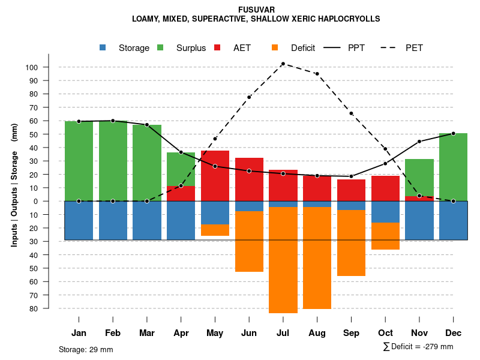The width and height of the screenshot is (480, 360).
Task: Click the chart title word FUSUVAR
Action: click(256, 10)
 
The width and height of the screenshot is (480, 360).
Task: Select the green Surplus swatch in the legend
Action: click(160, 47)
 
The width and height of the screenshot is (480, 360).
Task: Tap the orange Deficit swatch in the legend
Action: click(275, 47)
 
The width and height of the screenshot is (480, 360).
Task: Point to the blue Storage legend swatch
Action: click(103, 47)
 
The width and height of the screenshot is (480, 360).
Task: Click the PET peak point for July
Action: click(283, 64)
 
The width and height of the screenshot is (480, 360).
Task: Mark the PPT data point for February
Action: click(113, 121)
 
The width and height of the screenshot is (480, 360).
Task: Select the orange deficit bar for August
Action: click(317, 258)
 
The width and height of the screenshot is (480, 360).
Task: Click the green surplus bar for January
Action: click(79, 161)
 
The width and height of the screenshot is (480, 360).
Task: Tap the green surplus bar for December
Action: click(454, 167)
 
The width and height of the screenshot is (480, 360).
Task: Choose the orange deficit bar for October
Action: click(385, 236)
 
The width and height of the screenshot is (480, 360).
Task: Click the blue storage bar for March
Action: click(147, 220)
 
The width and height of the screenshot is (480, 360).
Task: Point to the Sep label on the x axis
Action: click(351, 333)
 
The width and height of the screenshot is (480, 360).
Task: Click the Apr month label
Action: click(181, 333)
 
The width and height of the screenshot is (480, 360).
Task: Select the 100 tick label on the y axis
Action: click(32, 67)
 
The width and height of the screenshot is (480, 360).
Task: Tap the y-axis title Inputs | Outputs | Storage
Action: click(14, 185)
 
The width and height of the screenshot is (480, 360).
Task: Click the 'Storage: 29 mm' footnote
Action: click(86, 349)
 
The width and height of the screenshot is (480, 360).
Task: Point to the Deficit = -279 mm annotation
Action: click(418, 347)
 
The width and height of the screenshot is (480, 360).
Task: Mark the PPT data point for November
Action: click(419, 142)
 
